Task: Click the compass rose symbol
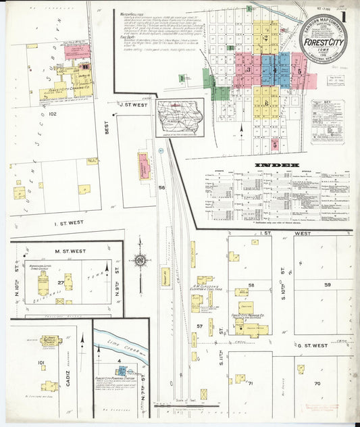[x=140, y=259]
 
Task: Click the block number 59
[x=327, y=284]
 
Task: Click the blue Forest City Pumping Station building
[x=122, y=371]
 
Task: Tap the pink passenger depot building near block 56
[x=144, y=166]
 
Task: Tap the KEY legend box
[x=328, y=121]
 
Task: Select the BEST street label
[x=107, y=126]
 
